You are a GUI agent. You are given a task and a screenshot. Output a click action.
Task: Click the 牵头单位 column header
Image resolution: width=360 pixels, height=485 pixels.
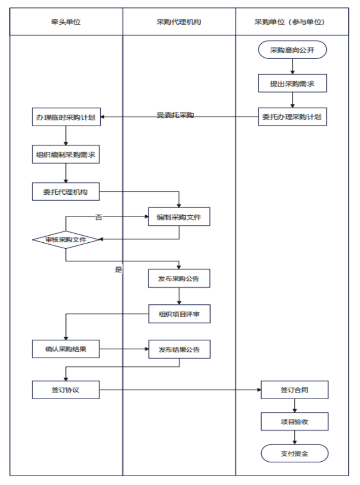66,22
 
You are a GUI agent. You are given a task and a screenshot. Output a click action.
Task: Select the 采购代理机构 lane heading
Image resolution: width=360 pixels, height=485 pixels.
179,22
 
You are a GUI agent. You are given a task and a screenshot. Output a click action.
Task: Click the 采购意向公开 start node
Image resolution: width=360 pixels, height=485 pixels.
292,50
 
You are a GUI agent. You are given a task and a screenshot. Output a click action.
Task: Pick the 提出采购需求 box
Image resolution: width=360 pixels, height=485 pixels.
292,84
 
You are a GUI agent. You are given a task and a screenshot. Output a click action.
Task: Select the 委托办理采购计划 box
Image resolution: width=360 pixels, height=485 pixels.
292,117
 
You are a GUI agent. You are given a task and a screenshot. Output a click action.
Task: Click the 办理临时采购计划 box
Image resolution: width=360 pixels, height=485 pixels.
66,117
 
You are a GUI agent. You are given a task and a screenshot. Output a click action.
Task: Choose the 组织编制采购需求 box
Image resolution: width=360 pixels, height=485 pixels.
66,155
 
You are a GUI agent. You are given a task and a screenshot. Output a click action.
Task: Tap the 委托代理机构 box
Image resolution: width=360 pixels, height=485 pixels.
66,192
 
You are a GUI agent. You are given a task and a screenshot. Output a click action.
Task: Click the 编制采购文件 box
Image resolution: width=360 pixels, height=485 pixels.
179,217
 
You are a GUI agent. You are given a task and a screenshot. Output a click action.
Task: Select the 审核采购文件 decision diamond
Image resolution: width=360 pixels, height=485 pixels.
66,240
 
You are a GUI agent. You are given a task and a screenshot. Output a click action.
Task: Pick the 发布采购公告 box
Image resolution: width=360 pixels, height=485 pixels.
179,279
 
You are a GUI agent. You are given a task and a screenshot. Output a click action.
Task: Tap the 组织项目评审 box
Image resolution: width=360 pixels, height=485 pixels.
179,314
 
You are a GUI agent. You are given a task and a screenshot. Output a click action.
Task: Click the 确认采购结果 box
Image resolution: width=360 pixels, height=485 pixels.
66,349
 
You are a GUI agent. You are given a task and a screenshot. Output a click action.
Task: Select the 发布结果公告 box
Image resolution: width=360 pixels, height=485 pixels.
179,349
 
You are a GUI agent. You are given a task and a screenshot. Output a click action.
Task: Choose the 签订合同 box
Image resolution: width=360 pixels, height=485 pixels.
294,390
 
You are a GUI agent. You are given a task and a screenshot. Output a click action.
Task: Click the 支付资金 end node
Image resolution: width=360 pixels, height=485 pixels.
294,453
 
